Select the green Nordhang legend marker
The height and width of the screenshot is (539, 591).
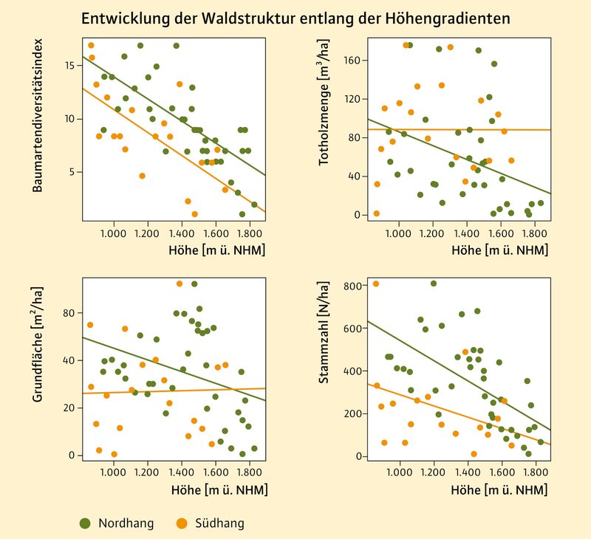coord(86,523)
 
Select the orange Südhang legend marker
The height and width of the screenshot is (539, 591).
coord(180,523)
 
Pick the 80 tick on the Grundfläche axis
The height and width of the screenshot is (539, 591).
coord(68,313)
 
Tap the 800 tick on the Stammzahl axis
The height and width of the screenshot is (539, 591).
coord(353,286)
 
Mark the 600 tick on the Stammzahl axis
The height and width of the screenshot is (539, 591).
coord(353,329)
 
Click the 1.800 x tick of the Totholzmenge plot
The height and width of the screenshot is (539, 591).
coord(534,234)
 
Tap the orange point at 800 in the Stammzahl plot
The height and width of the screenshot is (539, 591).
coord(376,284)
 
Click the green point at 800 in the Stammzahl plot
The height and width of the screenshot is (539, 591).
coord(433,284)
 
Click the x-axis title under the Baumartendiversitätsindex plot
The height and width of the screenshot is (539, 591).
coord(216,250)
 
